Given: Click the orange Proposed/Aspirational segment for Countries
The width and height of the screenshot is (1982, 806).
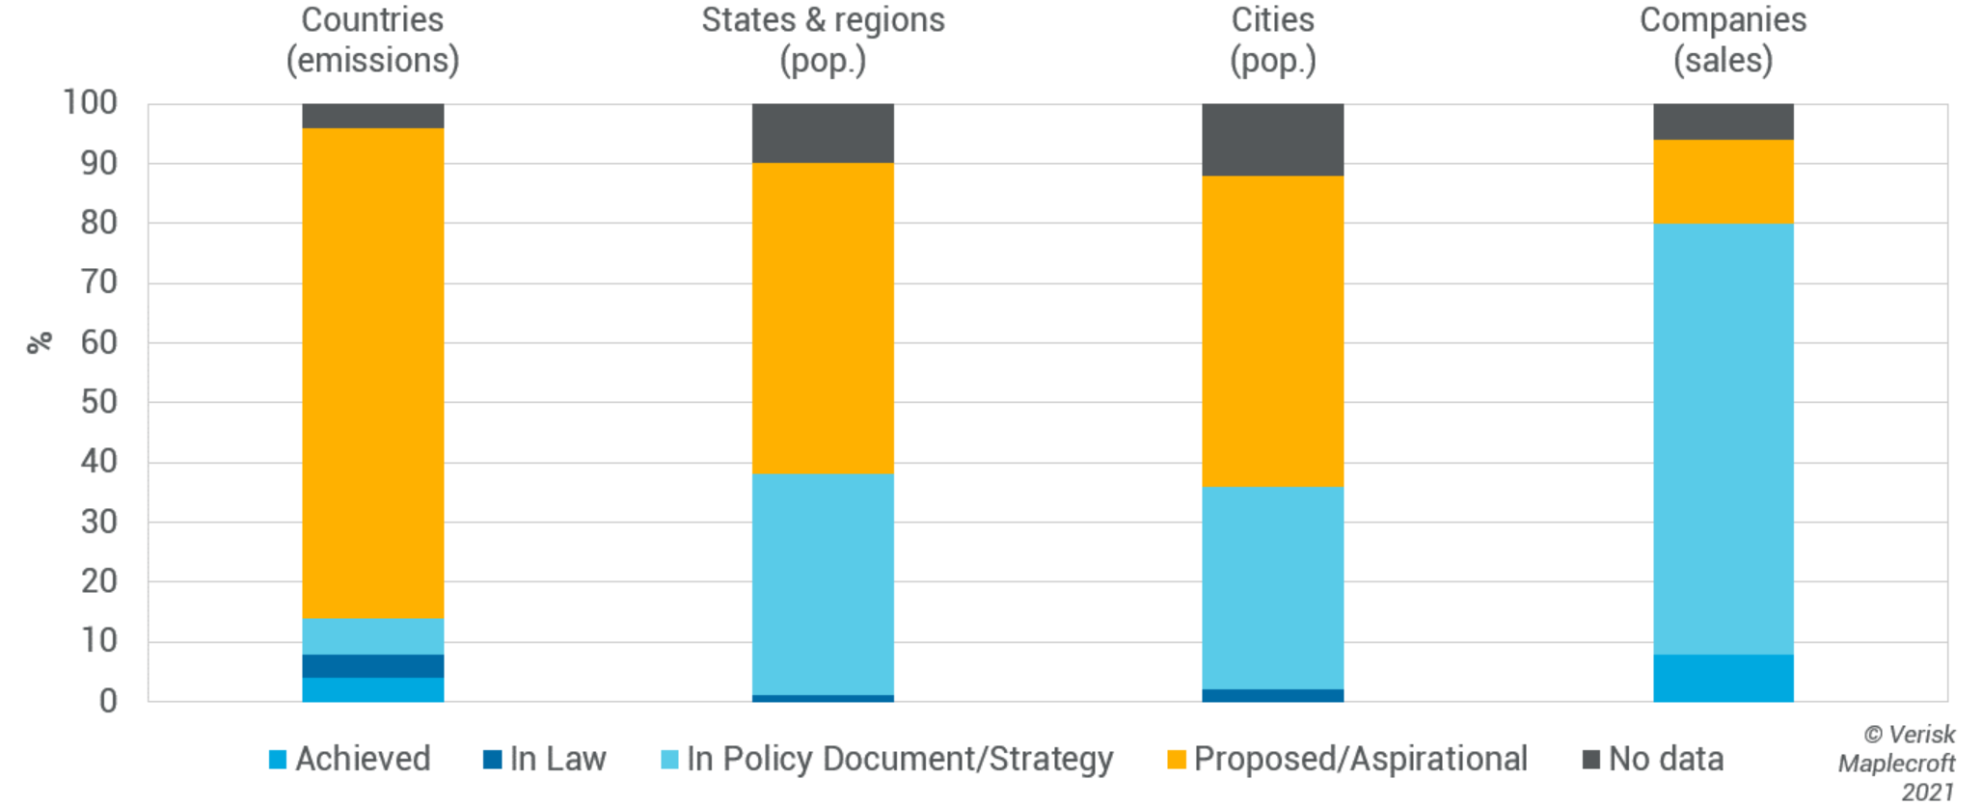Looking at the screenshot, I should click(372, 372).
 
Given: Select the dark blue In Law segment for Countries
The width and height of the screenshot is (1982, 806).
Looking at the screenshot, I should click(372, 666).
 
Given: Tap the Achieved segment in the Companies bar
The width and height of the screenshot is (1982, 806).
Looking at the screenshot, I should click(1723, 678).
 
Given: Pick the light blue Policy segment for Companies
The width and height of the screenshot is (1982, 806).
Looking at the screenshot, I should click(1723, 439).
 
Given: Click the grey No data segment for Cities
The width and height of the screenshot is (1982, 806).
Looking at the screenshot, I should click(1272, 140).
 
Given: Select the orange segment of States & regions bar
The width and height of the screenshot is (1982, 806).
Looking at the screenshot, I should click(823, 318).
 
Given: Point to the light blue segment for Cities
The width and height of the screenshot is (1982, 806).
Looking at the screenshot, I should click(1272, 588).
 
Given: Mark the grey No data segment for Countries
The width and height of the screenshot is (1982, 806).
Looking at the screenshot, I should click(372, 116).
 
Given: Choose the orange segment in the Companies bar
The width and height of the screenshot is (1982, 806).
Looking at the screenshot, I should click(1723, 181).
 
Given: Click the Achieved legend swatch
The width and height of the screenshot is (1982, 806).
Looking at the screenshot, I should click(278, 760).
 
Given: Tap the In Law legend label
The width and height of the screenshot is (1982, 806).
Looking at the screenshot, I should click(557, 760).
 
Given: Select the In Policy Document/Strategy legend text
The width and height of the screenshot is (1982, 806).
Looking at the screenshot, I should click(899, 760).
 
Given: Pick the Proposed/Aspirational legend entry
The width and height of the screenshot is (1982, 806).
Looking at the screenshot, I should click(1360, 760).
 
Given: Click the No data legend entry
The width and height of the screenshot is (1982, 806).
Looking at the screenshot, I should click(1666, 760).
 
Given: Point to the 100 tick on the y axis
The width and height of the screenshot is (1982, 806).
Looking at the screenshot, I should click(90, 102).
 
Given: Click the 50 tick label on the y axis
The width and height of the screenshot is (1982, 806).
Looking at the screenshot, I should click(98, 402).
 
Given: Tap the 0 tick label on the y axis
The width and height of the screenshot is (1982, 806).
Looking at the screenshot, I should click(108, 701).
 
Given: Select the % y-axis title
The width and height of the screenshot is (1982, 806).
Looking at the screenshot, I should click(39, 343).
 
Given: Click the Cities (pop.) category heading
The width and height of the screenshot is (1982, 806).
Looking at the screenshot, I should click(1272, 40).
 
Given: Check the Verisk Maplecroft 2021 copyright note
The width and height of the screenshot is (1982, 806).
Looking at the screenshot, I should click(1898, 763).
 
